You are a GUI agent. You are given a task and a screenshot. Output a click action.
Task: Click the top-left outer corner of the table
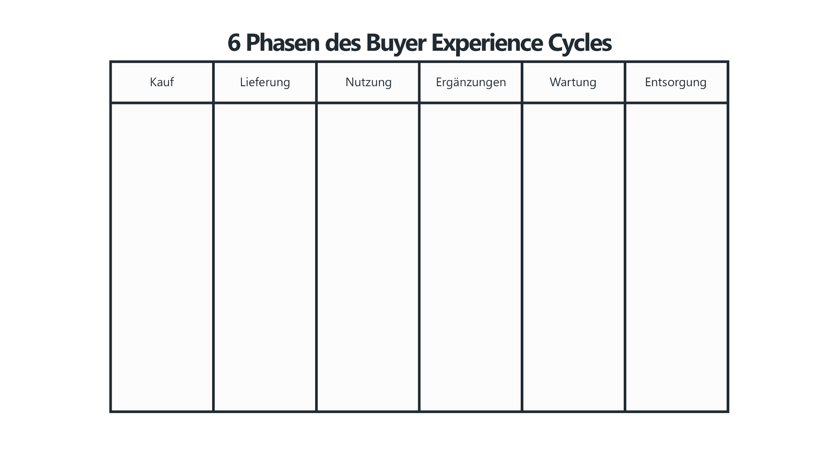(x=110, y=62)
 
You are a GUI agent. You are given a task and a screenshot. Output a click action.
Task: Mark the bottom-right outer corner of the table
(x=728, y=412)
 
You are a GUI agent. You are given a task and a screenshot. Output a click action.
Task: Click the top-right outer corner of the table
(x=728, y=62)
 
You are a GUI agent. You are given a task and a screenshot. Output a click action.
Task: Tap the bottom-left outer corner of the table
(x=110, y=412)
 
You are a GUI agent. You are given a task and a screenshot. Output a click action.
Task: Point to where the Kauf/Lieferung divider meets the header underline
(x=213, y=103)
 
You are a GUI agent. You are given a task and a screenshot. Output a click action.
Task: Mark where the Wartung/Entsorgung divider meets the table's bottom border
(x=625, y=412)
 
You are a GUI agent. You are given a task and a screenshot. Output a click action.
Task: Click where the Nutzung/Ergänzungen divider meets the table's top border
(x=419, y=62)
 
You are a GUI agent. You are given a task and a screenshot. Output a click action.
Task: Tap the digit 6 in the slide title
(x=234, y=43)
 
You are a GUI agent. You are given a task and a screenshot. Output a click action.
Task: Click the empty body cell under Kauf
(x=162, y=257)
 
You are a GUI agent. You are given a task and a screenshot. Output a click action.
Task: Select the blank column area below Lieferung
(x=265, y=257)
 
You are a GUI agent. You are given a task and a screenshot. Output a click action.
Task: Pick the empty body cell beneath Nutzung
(x=368, y=257)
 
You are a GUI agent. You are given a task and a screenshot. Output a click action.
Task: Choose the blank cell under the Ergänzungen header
(x=471, y=257)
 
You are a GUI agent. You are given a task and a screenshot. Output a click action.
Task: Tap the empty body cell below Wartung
(x=574, y=257)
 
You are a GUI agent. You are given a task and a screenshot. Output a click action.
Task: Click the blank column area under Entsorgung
(x=677, y=257)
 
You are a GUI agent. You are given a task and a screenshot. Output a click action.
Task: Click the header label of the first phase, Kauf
(x=162, y=82)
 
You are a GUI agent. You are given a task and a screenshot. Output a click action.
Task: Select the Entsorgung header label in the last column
(x=676, y=83)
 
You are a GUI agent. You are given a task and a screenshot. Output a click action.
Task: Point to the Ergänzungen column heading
(x=471, y=83)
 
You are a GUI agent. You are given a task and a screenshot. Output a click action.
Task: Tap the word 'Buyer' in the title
(x=395, y=43)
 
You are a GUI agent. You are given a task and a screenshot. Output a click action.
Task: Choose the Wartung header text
(x=573, y=83)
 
